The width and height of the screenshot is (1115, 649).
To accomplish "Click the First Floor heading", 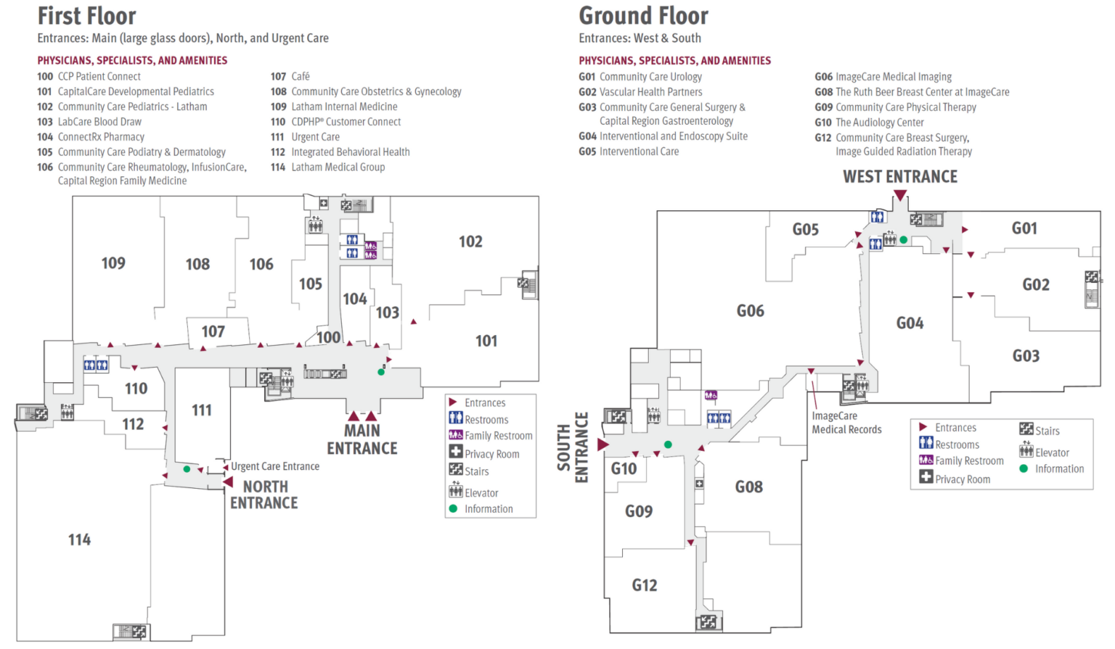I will point(86,16).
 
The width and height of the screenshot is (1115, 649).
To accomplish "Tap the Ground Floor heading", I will point(643,16).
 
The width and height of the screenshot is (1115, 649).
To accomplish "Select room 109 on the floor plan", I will point(113,263).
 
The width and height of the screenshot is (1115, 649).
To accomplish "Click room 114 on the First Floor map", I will point(80,540).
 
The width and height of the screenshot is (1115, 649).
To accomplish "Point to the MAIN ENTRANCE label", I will point(362,439).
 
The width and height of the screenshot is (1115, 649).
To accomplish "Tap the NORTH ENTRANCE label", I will point(264,495).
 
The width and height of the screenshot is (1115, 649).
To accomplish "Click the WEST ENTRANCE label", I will point(900,177).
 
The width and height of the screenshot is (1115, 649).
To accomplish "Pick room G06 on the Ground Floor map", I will point(751,311).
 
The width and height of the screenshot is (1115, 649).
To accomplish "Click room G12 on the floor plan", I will point(645,585).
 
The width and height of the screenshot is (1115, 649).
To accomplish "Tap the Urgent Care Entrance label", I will point(275,466).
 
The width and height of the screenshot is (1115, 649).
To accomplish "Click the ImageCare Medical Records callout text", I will point(846,423).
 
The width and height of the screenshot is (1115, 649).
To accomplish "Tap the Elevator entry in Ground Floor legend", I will point(1052,452).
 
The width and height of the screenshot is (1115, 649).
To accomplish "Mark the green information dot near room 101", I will point(381,372).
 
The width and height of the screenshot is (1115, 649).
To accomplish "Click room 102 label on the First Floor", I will point(470,241).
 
